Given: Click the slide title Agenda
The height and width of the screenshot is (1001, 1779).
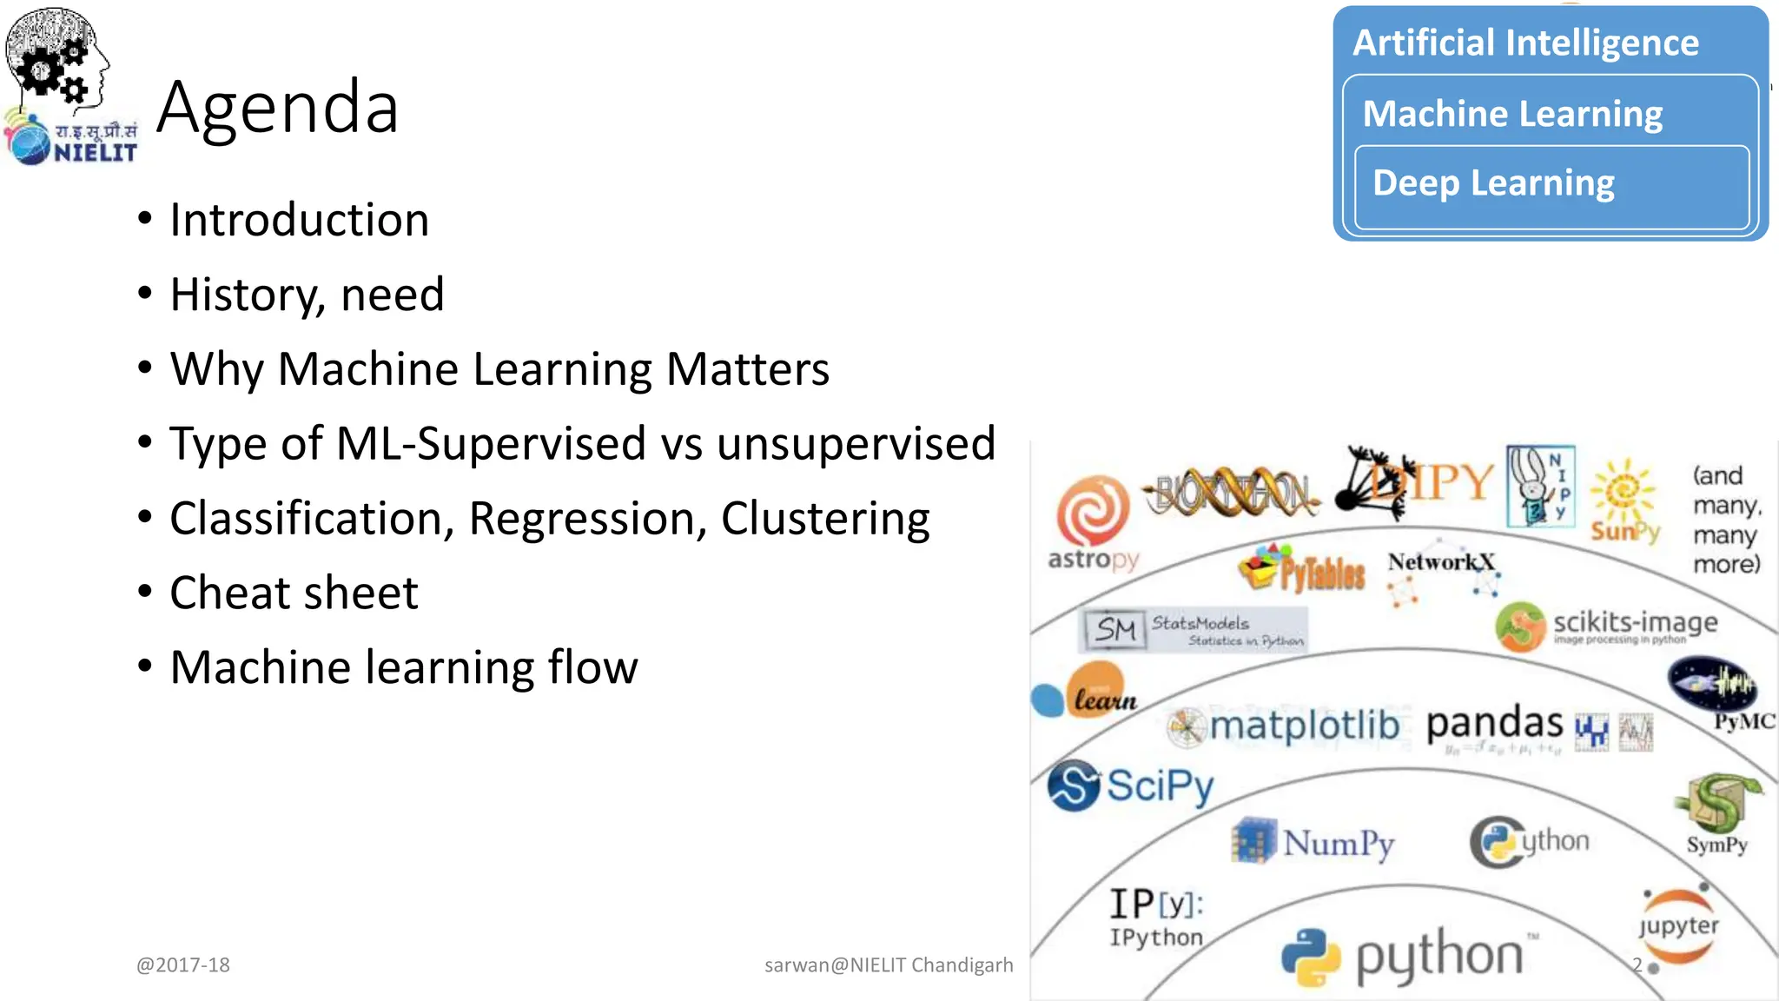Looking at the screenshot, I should point(278,108).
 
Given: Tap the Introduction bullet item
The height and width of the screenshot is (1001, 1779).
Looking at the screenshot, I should point(299,220).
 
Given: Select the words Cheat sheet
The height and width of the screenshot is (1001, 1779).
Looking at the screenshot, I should point(294,593).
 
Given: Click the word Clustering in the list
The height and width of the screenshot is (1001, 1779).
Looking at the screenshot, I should point(825,519).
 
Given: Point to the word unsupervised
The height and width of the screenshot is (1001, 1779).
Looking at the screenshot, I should point(856,444).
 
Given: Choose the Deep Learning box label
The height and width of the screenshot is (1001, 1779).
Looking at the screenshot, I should point(1493,183).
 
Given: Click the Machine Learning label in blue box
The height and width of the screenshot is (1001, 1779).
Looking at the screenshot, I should point(1512,114).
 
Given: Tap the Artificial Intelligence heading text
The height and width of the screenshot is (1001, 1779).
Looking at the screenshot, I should point(1525,43).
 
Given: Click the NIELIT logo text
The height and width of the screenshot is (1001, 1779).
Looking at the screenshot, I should point(95,153).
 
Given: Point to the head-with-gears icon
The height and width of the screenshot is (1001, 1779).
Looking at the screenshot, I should point(56,56).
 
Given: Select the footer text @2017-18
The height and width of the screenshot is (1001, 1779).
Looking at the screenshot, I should point(183,965).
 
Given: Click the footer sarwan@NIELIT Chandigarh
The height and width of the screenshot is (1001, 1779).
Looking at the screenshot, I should point(889,965).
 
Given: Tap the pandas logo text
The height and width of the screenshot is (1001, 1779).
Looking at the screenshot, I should point(1494,723).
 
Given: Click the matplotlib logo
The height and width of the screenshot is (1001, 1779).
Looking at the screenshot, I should point(1286,726).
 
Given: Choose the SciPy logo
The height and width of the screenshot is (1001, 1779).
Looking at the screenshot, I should point(1131,786).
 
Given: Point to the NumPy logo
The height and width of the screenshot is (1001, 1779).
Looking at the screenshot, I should point(1314,842).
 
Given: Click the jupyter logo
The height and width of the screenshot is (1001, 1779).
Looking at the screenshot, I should point(1678,927).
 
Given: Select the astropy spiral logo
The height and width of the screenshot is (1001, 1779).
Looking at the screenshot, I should point(1093,511).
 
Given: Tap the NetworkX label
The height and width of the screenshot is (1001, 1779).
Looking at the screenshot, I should point(1440,562).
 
